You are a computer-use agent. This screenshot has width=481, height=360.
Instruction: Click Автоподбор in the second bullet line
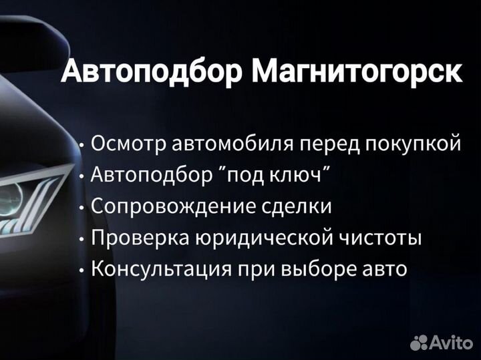pyautogui.click(x=152, y=176)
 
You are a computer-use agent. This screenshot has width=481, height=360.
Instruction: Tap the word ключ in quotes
pyautogui.click(x=295, y=175)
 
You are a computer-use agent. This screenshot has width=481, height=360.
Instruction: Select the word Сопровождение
pyautogui.click(x=173, y=206)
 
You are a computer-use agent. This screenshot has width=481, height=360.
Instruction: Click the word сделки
pyautogui.click(x=297, y=206)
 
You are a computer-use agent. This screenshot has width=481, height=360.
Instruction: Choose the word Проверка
pyautogui.click(x=140, y=237)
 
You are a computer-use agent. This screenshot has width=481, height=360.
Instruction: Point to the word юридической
pyautogui.click(x=265, y=237)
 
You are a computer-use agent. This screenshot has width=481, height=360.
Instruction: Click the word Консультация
pyautogui.click(x=162, y=269)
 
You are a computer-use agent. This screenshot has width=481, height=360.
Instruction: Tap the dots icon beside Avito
pyautogui.click(x=419, y=343)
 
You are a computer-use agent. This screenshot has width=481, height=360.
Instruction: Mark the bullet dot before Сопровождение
pyautogui.click(x=82, y=208)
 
